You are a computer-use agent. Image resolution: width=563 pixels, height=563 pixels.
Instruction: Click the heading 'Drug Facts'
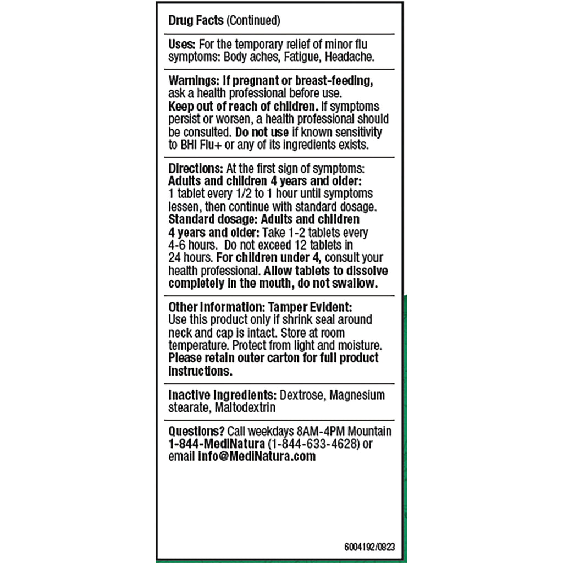196,21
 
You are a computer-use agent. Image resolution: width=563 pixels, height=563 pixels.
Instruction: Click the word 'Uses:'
181,45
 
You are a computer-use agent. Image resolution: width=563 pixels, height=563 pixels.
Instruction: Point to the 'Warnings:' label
191,80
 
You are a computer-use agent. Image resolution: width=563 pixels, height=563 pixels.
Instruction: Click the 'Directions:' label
195,168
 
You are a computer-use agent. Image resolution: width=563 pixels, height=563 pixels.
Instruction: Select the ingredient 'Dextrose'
301,395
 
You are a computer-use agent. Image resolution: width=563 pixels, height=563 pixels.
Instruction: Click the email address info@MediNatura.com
257,456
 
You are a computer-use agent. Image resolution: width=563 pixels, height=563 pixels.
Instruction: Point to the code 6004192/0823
369,547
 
